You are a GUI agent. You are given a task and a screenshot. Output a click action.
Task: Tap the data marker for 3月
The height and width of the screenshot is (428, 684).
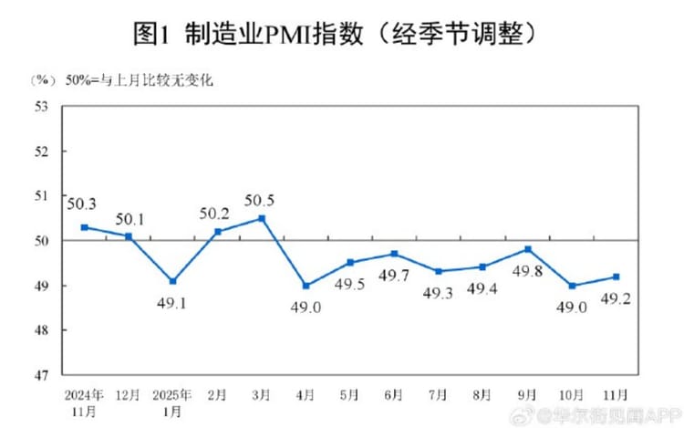[x=262, y=218]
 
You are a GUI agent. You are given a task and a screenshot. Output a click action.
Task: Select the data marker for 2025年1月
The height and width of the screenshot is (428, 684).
[x=172, y=281]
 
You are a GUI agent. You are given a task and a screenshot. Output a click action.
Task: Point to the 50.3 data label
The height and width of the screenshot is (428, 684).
[x=83, y=204]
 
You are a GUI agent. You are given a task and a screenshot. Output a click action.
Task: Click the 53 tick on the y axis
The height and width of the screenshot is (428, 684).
[x=41, y=106]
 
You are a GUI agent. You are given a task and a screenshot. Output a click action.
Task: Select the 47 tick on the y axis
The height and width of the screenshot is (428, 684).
[x=41, y=374]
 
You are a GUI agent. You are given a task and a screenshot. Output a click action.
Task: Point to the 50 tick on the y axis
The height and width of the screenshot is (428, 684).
[x=41, y=240]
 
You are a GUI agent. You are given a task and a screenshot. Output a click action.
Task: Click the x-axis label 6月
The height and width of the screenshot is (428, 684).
[x=395, y=395]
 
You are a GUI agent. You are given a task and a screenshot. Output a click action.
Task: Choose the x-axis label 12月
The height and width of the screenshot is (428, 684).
[x=128, y=395]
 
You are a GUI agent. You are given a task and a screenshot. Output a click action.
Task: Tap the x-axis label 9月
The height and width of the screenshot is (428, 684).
[x=528, y=395]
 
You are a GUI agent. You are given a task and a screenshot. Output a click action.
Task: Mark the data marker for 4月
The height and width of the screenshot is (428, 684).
[x=306, y=286]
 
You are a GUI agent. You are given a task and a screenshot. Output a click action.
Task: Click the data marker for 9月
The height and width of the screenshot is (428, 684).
[x=528, y=249]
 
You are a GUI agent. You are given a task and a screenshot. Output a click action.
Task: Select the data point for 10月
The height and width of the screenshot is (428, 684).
[x=573, y=286]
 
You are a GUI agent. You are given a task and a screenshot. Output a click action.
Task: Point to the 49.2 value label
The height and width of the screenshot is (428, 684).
[x=617, y=298]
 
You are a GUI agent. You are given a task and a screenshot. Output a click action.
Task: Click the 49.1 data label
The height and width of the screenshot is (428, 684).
[x=172, y=302]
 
